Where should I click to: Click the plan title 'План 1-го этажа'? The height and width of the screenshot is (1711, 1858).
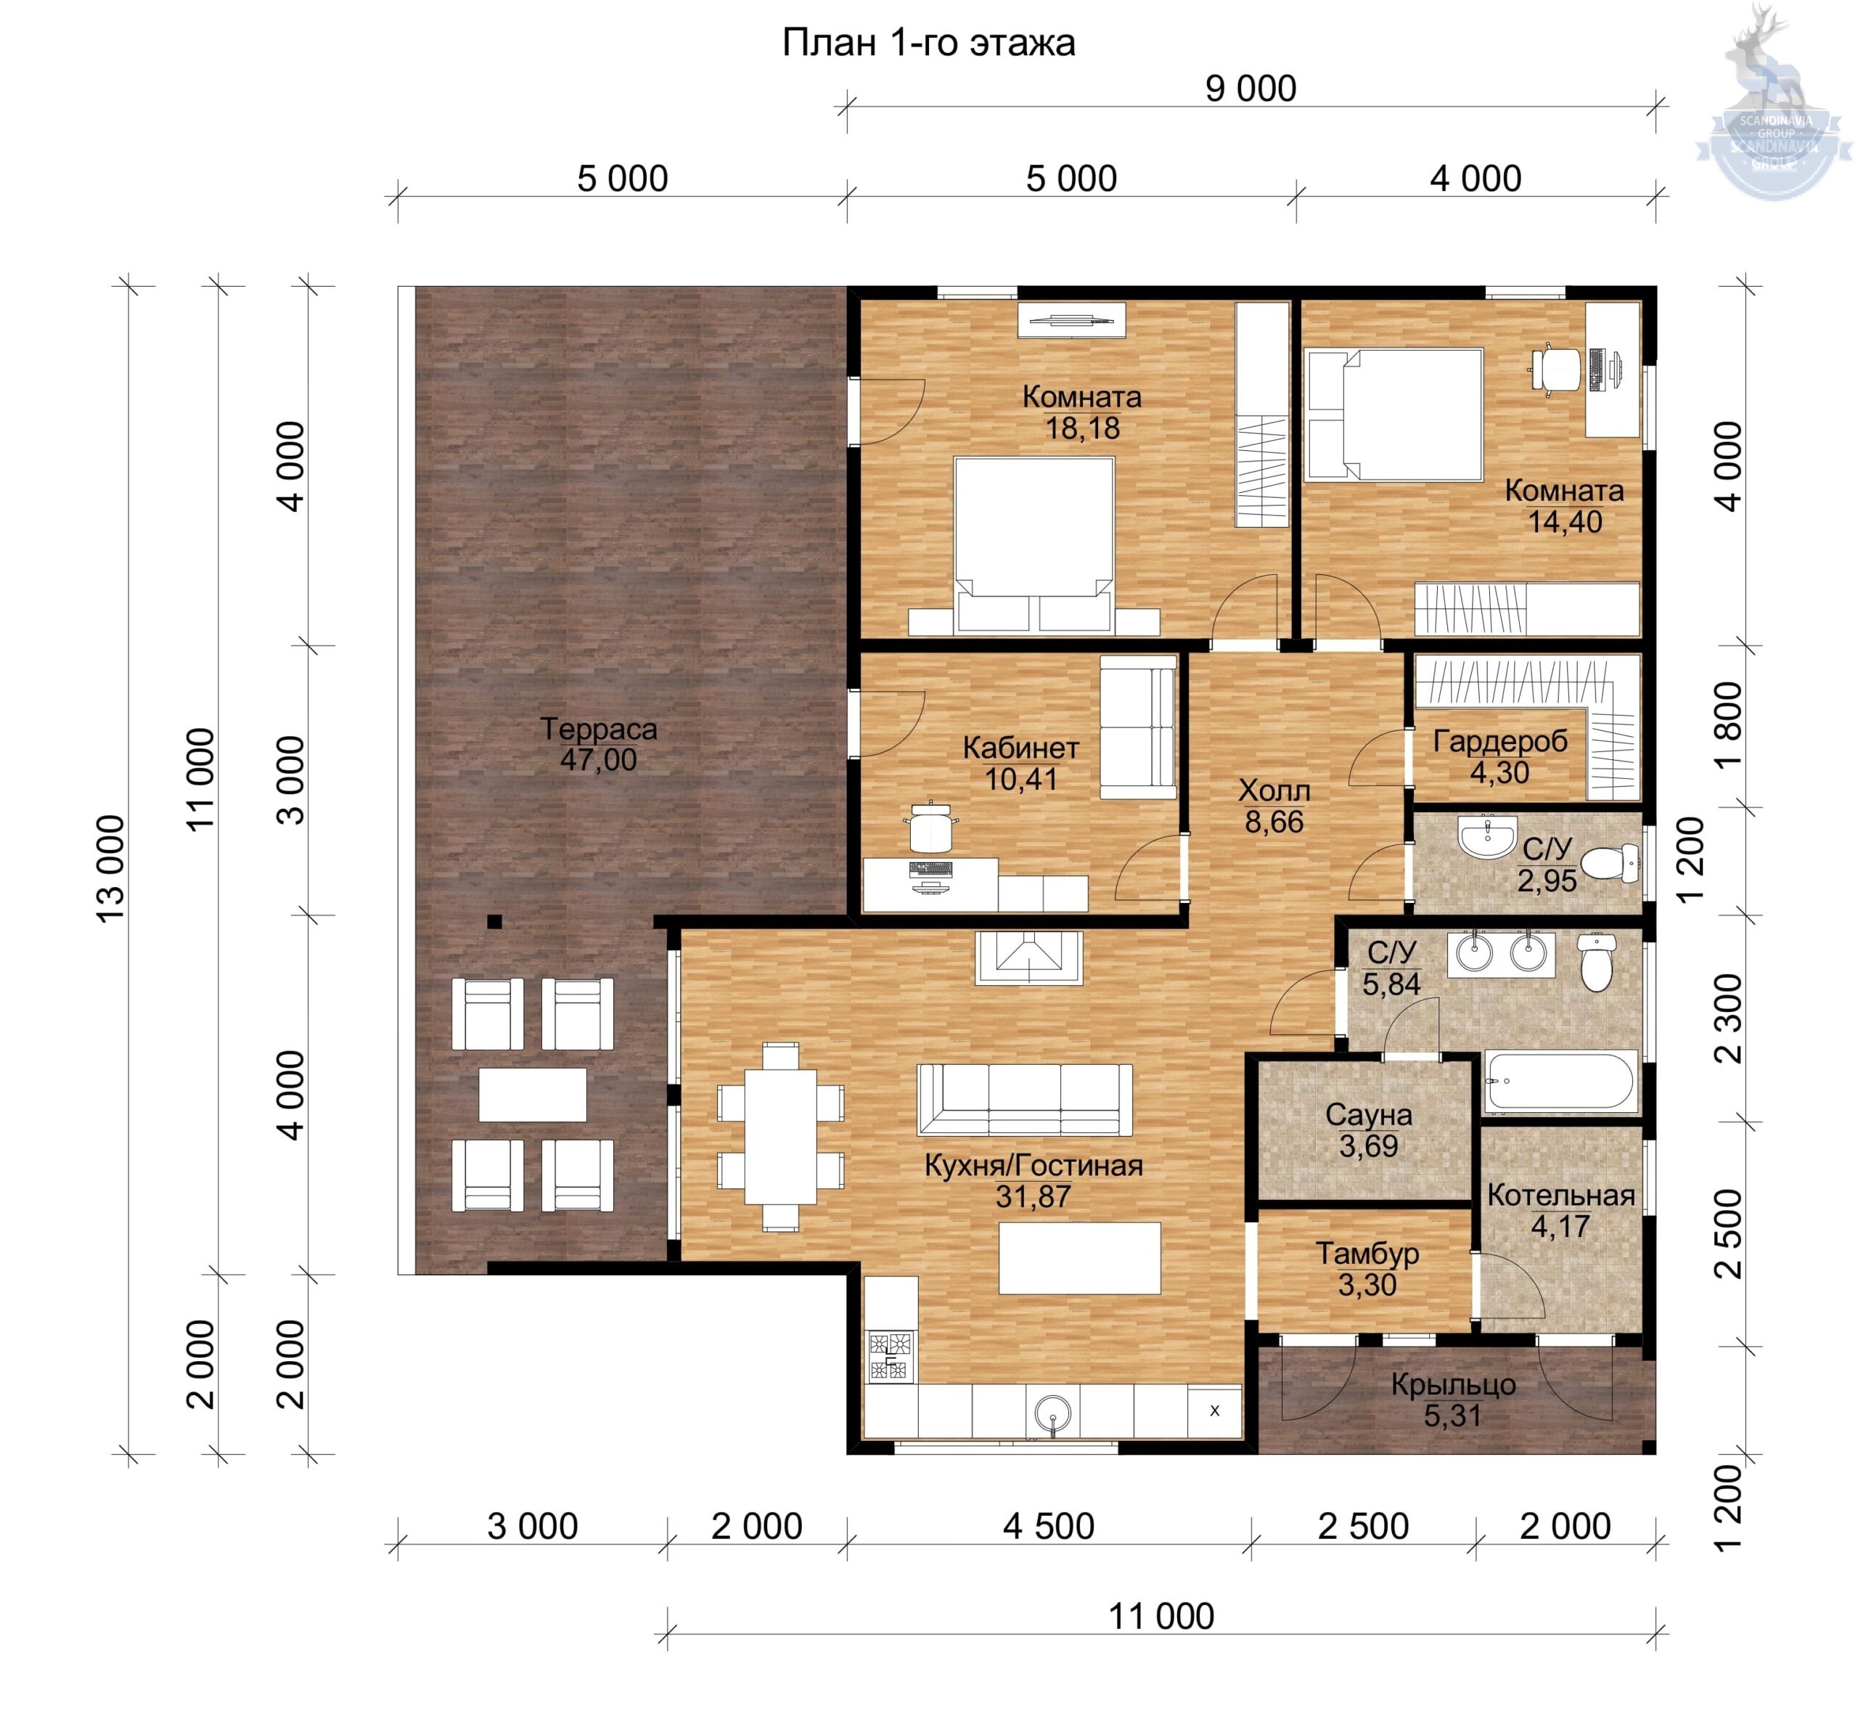pos(928,44)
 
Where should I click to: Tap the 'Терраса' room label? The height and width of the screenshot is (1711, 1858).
pos(598,729)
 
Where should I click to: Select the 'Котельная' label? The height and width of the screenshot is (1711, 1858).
pos(1561,1196)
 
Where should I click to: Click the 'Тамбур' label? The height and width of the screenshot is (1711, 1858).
pos(1367,1254)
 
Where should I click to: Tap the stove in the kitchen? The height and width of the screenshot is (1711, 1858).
pos(890,1357)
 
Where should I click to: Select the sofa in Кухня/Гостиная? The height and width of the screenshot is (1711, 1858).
pos(1024,1100)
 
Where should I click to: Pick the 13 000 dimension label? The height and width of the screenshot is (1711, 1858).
pos(110,868)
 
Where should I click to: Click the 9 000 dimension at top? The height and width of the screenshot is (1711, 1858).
pos(1250,89)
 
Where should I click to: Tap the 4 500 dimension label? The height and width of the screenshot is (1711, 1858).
pos(1049,1526)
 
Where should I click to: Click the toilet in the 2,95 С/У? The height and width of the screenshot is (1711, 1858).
pos(1610,864)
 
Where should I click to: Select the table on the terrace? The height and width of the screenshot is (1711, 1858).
pos(532,1095)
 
